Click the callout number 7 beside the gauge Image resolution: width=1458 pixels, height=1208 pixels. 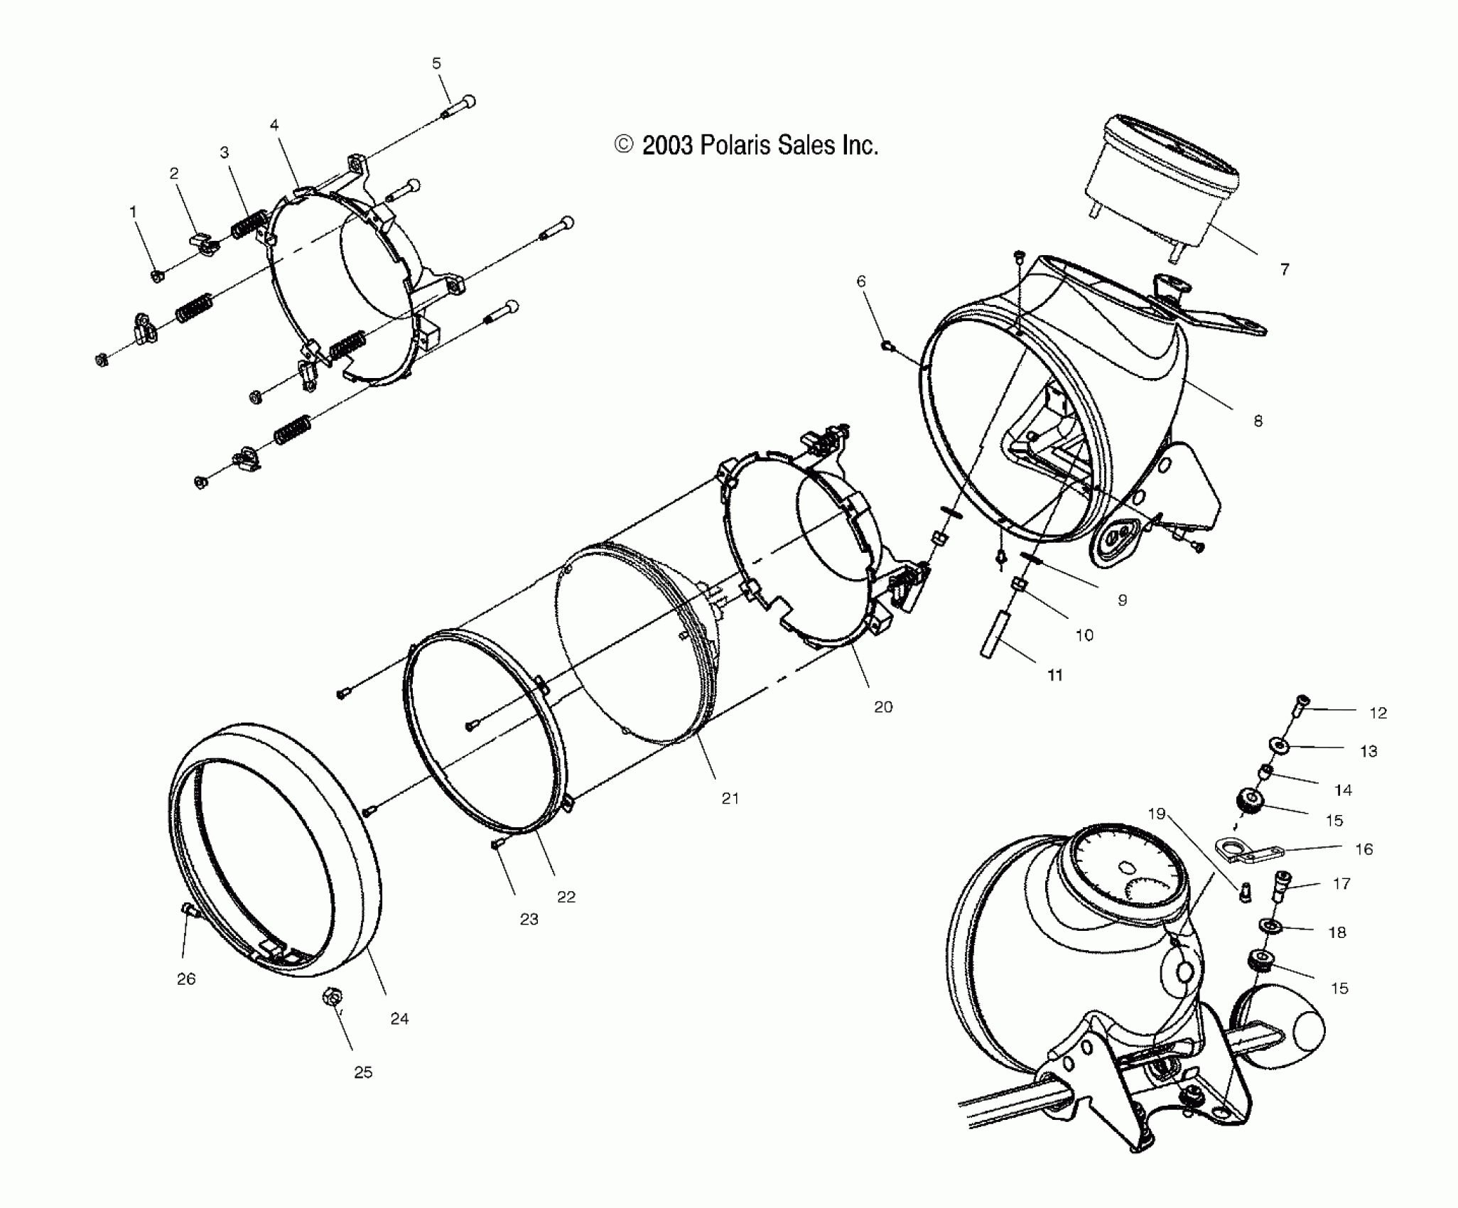[1284, 269]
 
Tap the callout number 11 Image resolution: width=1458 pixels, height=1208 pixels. [1055, 675]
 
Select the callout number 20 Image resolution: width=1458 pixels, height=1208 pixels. [883, 706]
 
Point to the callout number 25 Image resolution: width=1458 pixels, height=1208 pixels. [363, 1072]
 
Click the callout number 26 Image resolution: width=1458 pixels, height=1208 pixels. [186, 979]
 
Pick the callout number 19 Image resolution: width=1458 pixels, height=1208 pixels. [1157, 814]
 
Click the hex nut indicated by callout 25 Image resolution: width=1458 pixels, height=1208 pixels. [330, 998]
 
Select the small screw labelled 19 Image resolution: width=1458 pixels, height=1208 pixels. [1244, 893]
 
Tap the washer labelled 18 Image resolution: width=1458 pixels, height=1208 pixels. [1267, 926]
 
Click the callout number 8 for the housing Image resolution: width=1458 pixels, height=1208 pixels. [1258, 421]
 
